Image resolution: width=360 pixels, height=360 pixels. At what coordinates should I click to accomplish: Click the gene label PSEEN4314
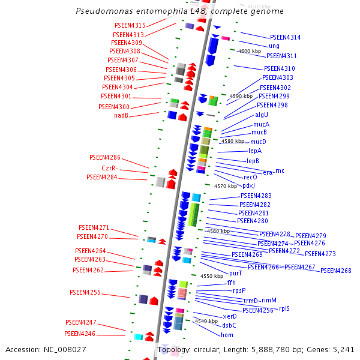pyautogui.click(x=285, y=37)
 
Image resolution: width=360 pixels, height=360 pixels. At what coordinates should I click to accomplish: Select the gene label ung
pyautogui.click(x=274, y=46)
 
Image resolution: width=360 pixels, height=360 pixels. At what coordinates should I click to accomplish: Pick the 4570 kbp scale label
pyautogui.click(x=226, y=187)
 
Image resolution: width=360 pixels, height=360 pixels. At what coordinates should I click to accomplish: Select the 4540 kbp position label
pyautogui.click(x=206, y=322)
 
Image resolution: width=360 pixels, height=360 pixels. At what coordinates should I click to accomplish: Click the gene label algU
pyautogui.click(x=262, y=115)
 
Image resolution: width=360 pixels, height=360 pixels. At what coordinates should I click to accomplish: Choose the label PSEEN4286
pyautogui.click(x=103, y=157)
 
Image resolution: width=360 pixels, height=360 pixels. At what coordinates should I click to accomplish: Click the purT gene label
pyautogui.click(x=236, y=273)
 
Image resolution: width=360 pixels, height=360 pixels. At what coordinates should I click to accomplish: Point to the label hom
pyautogui.click(x=227, y=335)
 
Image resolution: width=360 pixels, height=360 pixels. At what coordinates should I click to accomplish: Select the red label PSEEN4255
pyautogui.click(x=85, y=293)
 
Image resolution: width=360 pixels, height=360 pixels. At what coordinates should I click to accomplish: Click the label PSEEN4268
pyautogui.click(x=335, y=271)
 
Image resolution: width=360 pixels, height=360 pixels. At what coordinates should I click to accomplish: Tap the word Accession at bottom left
pyautogui.click(x=24, y=349)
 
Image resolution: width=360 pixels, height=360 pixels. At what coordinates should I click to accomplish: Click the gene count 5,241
pyautogui.click(x=343, y=349)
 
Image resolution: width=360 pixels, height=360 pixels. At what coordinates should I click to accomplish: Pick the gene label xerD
pyautogui.click(x=230, y=316)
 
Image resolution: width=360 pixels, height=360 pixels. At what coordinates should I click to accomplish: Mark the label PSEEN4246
pyautogui.click(x=80, y=334)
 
